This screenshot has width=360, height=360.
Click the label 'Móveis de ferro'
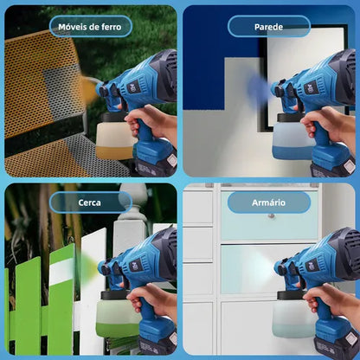pos(90,27)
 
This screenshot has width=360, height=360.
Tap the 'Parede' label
pos(268,27)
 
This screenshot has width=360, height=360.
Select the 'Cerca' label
pos(89,202)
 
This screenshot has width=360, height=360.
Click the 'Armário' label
pos(268,202)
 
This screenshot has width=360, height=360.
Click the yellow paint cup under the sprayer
pos(114,136)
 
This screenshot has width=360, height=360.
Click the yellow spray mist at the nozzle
pos(89,89)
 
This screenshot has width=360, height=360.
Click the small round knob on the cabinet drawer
pos(271,215)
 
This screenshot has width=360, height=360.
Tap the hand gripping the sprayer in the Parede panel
pos(327,123)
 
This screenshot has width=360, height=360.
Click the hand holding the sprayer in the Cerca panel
pos(153,299)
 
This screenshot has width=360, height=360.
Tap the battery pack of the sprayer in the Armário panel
pos(335,340)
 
